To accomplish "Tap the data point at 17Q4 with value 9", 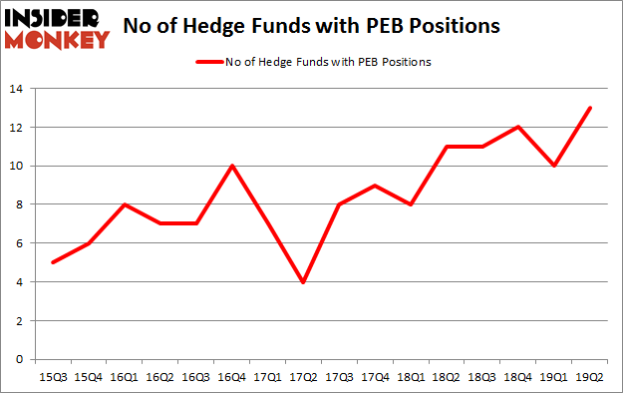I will point(375,186).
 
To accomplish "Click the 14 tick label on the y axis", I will point(19,89).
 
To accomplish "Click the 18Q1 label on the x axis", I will point(412,377).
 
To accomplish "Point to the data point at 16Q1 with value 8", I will point(124,204).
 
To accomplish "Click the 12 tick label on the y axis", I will point(19,127).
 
